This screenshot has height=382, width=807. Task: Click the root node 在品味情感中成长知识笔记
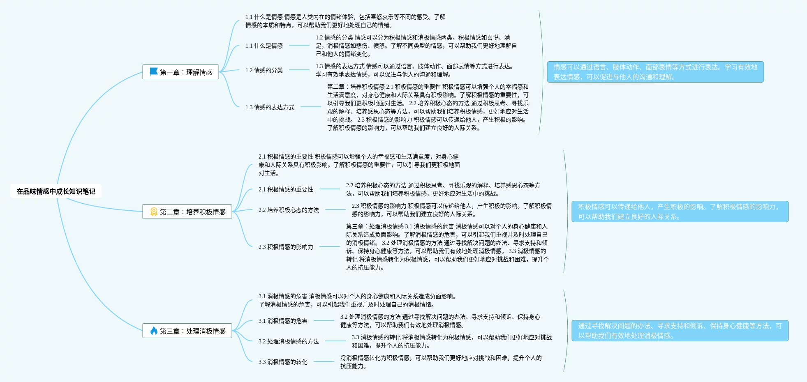click(x=56, y=191)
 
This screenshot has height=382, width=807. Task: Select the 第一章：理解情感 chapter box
click(x=180, y=72)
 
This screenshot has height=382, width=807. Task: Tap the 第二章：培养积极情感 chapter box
click(x=187, y=212)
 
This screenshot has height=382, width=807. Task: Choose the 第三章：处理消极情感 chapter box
click(x=187, y=331)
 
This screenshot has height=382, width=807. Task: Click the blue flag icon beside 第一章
click(x=154, y=72)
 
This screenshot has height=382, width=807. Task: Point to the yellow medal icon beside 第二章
click(x=154, y=212)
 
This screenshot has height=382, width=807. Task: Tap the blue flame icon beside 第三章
click(x=154, y=331)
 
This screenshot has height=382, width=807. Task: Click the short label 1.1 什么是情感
click(x=264, y=46)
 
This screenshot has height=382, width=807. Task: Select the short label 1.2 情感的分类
click(x=264, y=70)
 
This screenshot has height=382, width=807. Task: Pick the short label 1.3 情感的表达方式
click(x=270, y=107)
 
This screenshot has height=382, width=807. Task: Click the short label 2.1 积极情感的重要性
click(x=286, y=189)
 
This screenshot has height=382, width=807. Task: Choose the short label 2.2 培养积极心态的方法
click(x=289, y=210)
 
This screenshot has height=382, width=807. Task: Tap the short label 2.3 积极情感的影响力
click(x=286, y=247)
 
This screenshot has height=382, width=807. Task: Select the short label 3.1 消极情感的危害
click(x=283, y=321)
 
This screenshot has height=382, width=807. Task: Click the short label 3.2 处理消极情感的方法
click(x=289, y=341)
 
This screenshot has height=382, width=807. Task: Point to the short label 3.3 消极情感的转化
click(x=283, y=362)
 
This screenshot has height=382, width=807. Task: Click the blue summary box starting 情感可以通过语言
click(x=655, y=72)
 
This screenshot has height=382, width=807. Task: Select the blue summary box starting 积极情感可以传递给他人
click(x=680, y=212)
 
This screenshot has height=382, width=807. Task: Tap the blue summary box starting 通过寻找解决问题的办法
click(x=680, y=331)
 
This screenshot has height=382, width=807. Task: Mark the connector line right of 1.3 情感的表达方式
click(x=310, y=107)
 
